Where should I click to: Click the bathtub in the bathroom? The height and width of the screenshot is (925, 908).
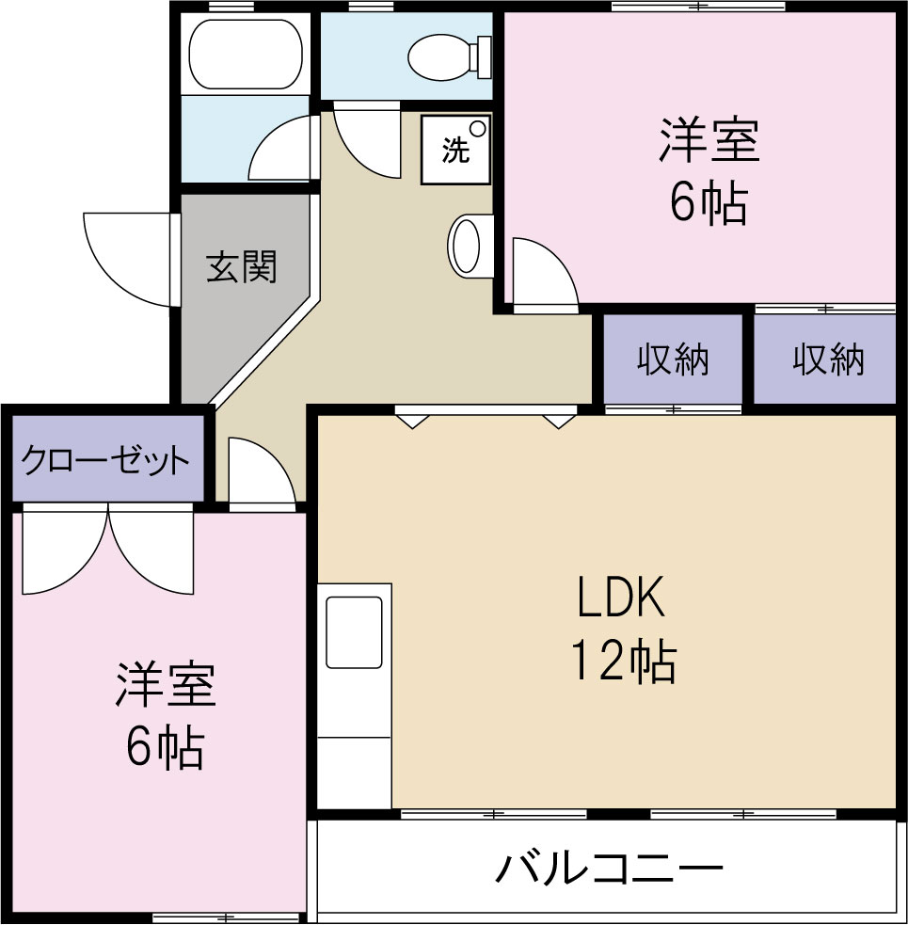245,55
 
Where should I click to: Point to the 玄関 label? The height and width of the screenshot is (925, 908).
242,268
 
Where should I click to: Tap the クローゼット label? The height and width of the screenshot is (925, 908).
105,461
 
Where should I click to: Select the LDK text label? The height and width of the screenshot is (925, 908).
621,597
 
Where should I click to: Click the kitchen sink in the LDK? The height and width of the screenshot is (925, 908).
354,631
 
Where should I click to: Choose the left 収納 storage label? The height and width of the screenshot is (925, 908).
673,359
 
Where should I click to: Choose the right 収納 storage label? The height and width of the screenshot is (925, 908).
827,359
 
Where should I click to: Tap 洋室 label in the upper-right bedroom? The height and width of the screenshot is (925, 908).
708,141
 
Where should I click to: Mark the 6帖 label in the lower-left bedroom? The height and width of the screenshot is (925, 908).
166,748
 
